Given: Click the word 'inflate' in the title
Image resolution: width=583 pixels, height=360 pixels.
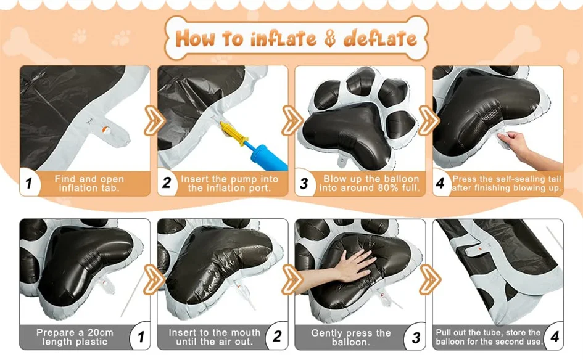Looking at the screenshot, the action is [x=283, y=39].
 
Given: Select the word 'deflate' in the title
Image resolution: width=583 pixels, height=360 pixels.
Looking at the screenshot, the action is [x=380, y=39].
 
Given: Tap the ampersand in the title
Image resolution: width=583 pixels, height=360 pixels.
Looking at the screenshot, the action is [x=330, y=39].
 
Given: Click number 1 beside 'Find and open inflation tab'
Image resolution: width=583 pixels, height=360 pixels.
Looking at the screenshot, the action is [x=29, y=184].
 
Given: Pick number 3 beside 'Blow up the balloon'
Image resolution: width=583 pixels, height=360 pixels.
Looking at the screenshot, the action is [x=304, y=184].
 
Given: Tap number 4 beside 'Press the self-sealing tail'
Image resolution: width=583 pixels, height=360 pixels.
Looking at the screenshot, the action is [x=440, y=183].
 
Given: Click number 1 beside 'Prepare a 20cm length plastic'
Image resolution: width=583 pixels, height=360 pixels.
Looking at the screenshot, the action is [x=141, y=337].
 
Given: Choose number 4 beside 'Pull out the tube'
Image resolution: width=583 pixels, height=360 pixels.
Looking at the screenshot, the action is [x=555, y=337].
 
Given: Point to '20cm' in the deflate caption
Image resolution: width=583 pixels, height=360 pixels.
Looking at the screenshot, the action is [x=100, y=332].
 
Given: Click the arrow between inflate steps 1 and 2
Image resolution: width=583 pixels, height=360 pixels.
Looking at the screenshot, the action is [x=154, y=120].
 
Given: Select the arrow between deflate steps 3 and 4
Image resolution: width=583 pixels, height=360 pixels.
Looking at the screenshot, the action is [x=431, y=279].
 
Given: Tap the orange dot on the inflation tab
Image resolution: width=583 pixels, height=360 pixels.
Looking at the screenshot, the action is [x=105, y=129].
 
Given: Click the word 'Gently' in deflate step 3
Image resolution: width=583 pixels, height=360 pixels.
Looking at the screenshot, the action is [x=328, y=333].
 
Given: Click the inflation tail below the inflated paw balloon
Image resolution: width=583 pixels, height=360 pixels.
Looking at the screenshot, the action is [x=342, y=162].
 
